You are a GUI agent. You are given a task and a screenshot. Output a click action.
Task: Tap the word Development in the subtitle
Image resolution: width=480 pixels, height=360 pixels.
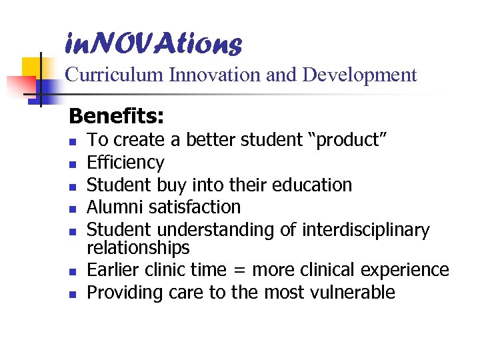coord(360,75)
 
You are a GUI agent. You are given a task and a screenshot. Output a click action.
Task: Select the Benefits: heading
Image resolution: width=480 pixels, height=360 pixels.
coord(116,117)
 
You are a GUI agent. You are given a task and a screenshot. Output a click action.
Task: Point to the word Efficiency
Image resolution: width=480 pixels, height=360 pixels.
coord(125,163)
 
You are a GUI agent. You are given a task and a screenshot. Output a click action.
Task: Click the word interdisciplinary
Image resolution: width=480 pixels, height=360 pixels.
coord(366,230)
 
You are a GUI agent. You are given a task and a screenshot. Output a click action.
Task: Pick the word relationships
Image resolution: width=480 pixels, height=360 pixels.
coord(138,248)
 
